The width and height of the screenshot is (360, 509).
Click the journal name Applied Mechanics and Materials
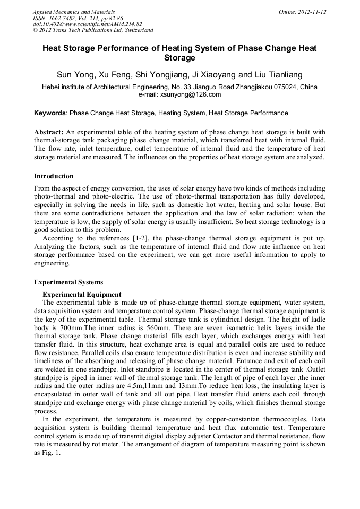74,12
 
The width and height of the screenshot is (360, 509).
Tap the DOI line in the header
88,24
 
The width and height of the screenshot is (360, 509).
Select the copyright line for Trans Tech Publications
93,30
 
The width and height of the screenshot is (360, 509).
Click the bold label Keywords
50,113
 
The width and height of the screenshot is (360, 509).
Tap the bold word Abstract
49,131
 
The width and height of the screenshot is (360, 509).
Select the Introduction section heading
54,176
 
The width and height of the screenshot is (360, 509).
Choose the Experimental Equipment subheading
82,295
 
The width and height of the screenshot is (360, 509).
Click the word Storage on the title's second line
179,58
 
